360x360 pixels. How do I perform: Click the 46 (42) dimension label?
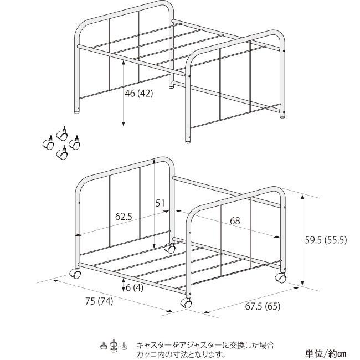click(x=138, y=94)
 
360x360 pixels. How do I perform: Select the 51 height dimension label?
click(x=160, y=203)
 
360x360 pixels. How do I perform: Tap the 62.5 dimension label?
click(x=124, y=217)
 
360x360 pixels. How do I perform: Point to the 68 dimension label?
click(x=235, y=221)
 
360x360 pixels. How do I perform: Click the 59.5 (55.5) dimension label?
click(x=326, y=240)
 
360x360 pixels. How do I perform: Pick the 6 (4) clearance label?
click(x=135, y=287)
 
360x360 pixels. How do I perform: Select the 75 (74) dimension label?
click(x=99, y=301)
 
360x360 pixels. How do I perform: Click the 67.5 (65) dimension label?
click(x=263, y=306)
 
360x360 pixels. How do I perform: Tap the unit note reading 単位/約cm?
click(x=326, y=353)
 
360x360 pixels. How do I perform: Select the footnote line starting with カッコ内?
click(x=181, y=354)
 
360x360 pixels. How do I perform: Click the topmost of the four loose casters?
click(x=62, y=133)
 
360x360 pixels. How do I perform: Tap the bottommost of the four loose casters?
click(x=62, y=153)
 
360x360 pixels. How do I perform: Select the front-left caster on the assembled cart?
click(x=75, y=274)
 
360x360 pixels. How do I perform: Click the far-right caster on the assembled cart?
click(x=281, y=278)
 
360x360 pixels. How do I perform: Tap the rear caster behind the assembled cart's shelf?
click(x=170, y=248)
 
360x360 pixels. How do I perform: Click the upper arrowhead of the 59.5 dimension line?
click(x=302, y=197)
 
